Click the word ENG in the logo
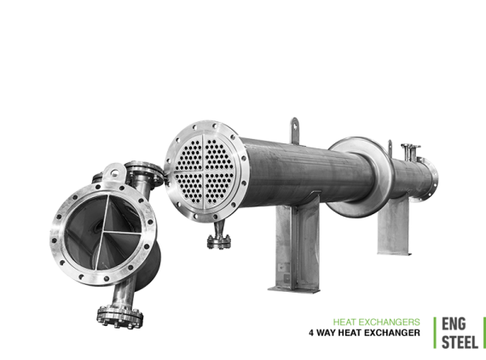click(454, 324)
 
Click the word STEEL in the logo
click(460, 342)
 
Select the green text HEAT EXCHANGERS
click(377, 322)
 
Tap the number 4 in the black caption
click(311, 333)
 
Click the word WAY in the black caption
click(326, 333)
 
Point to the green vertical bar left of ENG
click(435, 333)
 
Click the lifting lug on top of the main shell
click(294, 131)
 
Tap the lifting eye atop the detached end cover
click(114, 172)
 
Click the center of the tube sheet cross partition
click(203, 171)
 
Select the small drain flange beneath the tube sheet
click(219, 241)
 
